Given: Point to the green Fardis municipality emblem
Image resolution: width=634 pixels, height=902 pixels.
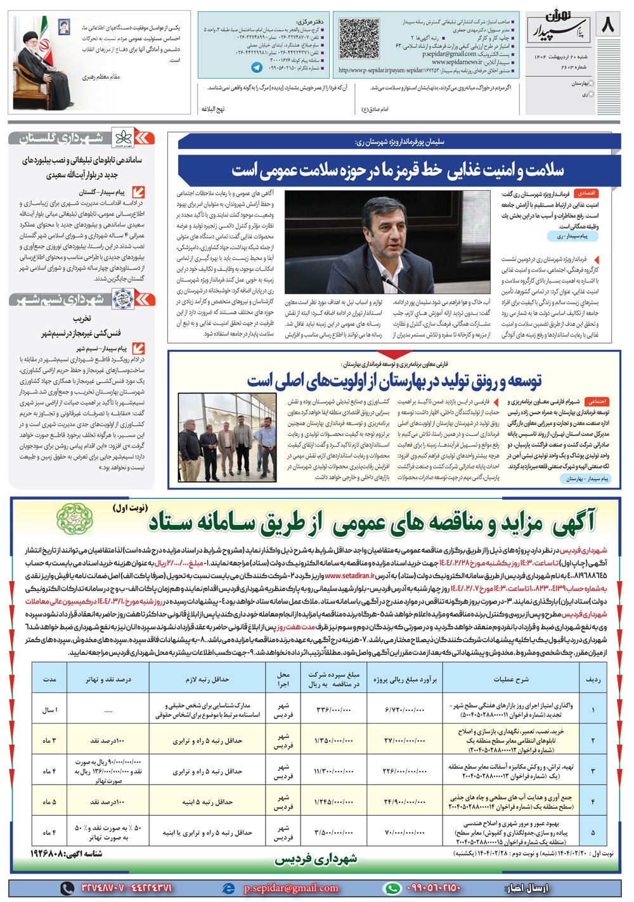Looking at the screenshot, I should pos(75,518).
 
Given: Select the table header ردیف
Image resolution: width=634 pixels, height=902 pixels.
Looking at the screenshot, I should pos(593,679).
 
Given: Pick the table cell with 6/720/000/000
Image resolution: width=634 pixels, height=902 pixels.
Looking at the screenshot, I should pos(405,709).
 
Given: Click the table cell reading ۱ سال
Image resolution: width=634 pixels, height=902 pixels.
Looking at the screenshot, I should pos(50,709).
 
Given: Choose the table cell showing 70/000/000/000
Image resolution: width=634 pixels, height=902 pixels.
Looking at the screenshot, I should pos(405,832).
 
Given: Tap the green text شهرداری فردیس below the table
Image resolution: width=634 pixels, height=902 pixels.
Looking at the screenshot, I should pos(315,860).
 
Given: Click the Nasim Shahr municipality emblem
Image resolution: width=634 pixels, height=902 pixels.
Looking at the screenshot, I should pos(120,299).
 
